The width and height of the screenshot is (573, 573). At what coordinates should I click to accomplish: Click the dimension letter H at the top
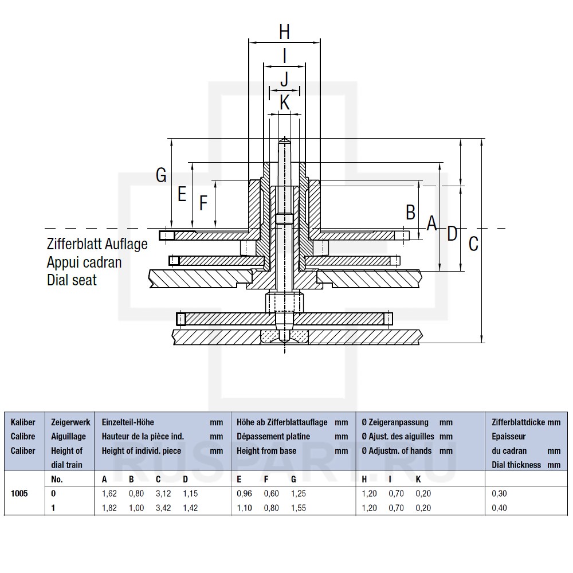[284, 32]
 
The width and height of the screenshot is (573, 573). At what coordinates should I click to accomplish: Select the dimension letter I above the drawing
[284, 56]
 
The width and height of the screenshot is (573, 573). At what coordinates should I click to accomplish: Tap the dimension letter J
[284, 80]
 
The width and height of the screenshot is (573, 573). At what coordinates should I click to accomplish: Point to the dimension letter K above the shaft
[284, 103]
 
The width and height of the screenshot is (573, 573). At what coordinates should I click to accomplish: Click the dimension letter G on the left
[162, 175]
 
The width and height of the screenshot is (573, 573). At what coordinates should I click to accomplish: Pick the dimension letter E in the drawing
[182, 195]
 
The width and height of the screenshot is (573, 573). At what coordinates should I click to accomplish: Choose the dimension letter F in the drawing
[203, 203]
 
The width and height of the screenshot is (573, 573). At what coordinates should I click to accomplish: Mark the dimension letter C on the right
[473, 244]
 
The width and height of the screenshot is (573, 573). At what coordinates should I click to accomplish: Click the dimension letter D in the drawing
[452, 233]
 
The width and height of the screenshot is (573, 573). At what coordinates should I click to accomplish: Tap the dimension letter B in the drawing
[410, 213]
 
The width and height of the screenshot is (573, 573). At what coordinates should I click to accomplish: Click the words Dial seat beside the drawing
[72, 280]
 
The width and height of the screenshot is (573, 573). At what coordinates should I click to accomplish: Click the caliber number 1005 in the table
[19, 493]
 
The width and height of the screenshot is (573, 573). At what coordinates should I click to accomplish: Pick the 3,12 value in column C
[163, 493]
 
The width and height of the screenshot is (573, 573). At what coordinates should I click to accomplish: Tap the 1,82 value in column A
[109, 508]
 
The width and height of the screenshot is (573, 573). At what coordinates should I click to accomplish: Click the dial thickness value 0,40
[499, 508]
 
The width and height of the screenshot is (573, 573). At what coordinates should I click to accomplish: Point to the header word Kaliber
[23, 422]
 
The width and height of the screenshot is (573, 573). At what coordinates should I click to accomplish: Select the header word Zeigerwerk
[70, 422]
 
